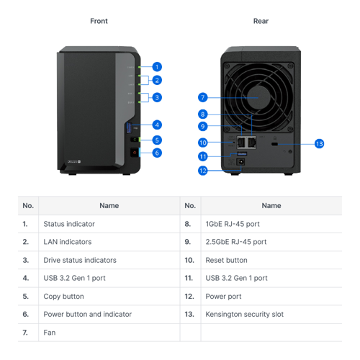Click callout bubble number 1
(x=157, y=67)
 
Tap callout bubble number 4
(x=157, y=125)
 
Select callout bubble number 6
(x=157, y=153)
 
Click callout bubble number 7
(x=203, y=97)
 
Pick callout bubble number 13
(x=320, y=144)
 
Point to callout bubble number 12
(x=203, y=171)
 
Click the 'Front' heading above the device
(x=99, y=21)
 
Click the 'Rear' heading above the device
(x=261, y=21)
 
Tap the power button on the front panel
(x=135, y=153)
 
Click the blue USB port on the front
(x=130, y=127)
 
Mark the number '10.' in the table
(x=189, y=260)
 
